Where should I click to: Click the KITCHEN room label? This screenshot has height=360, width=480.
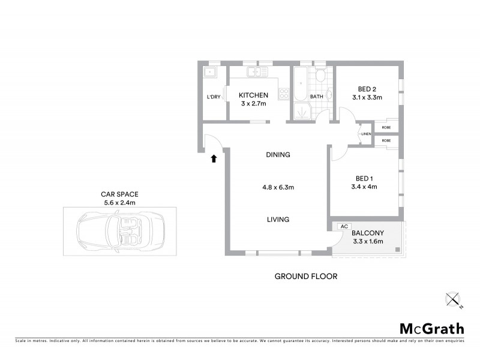point(253,95)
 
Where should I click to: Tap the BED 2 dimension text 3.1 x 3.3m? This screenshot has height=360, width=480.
point(367,97)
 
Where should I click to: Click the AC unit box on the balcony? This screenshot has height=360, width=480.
point(344,226)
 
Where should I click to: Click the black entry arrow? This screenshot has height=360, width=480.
point(213,158)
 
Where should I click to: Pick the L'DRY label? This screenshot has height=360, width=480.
point(214,97)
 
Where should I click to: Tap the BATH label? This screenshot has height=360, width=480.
point(317,97)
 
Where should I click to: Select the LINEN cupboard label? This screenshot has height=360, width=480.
point(365,133)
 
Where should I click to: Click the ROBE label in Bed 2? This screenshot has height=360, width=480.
point(386,127)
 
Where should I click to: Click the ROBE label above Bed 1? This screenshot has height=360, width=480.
point(386,140)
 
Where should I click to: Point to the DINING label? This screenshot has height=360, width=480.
point(278,155)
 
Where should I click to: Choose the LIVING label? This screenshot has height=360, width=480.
point(278,220)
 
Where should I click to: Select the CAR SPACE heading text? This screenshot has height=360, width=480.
point(119,194)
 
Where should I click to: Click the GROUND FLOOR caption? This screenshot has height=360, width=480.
point(305,277)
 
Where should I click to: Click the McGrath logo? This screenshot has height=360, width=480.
point(431,328)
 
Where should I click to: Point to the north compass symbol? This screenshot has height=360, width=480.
point(452,299)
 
